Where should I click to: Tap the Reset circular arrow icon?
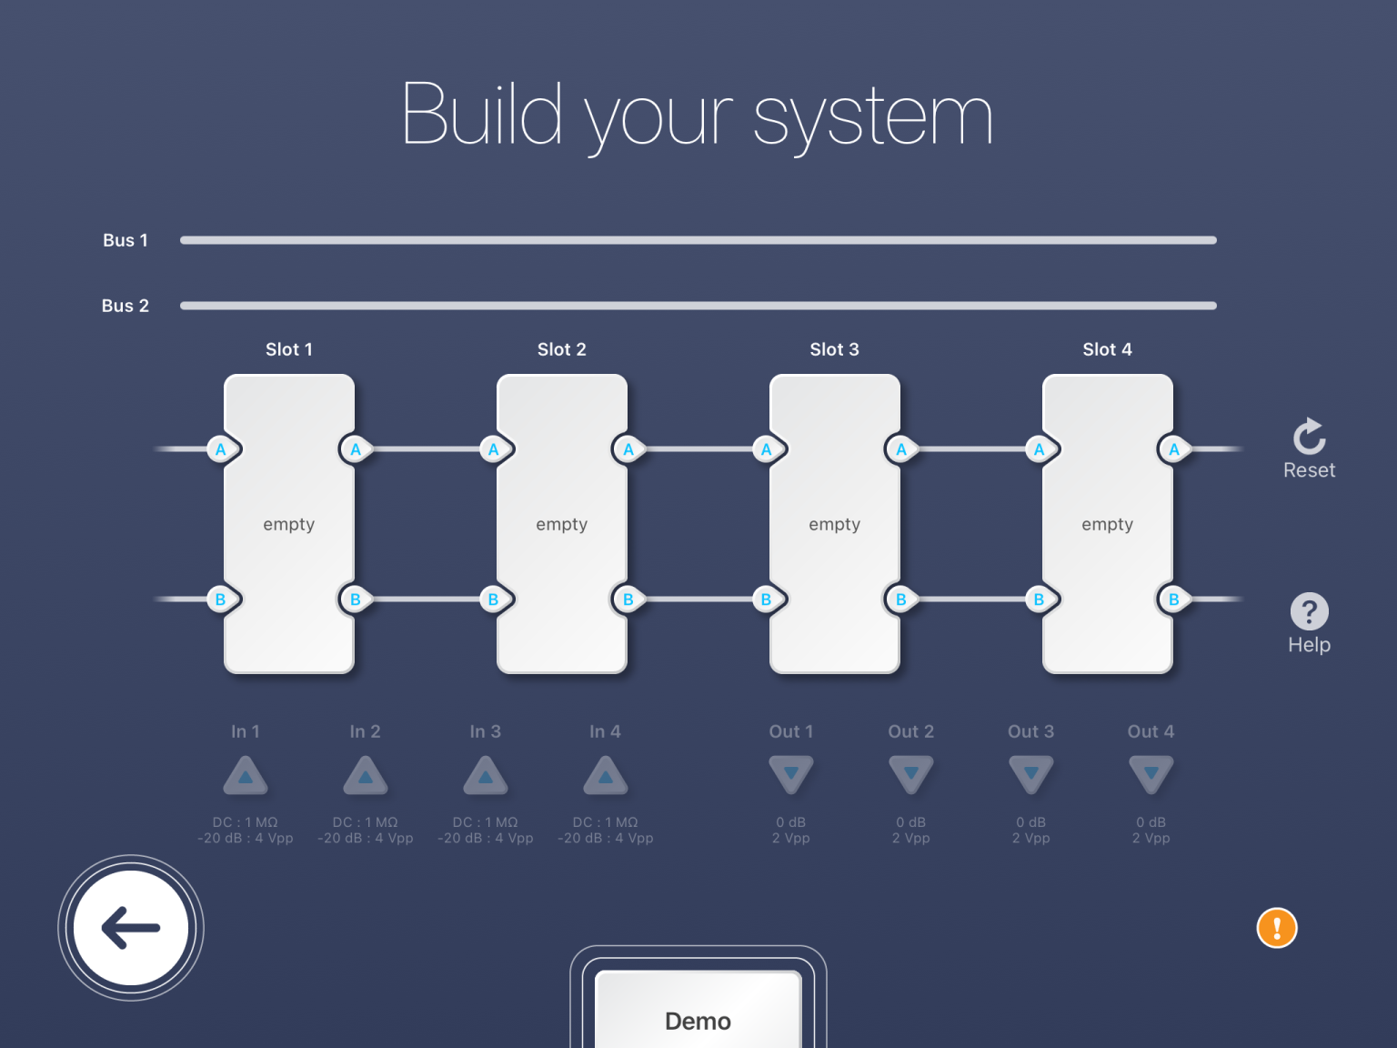(1309, 438)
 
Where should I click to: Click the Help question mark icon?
(1309, 611)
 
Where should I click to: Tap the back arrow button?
(131, 928)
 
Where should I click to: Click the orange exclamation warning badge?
(1277, 928)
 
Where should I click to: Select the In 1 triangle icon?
(246, 776)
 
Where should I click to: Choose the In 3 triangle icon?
(486, 776)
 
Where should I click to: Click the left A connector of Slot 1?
(221, 449)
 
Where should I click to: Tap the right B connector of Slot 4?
(1174, 600)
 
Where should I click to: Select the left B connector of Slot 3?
(767, 600)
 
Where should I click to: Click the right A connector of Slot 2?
(628, 449)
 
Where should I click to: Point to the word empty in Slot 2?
(562, 524)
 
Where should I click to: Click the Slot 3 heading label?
(834, 349)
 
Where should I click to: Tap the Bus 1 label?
(125, 240)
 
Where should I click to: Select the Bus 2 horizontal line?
(698, 306)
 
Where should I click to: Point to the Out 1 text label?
(791, 731)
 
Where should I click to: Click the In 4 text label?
(605, 731)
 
